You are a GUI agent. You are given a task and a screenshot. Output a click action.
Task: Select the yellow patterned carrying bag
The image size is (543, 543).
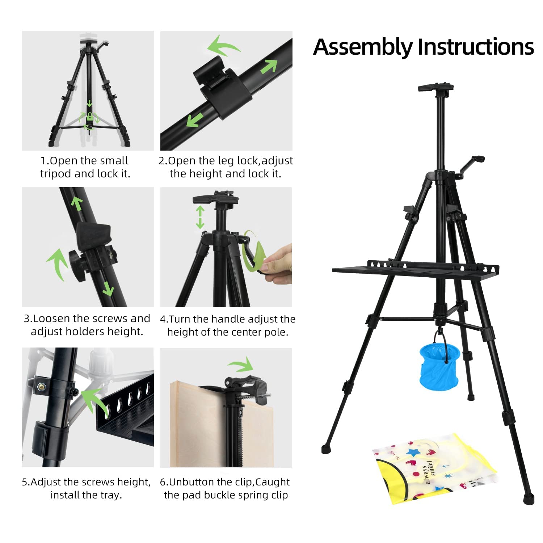[434, 469]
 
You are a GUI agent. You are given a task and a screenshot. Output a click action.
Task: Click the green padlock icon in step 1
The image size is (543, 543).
[89, 117]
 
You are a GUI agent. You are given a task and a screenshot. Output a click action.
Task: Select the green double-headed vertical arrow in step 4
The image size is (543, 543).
[200, 217]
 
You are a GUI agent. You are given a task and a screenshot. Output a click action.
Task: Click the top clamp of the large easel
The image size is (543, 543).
[436, 88]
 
